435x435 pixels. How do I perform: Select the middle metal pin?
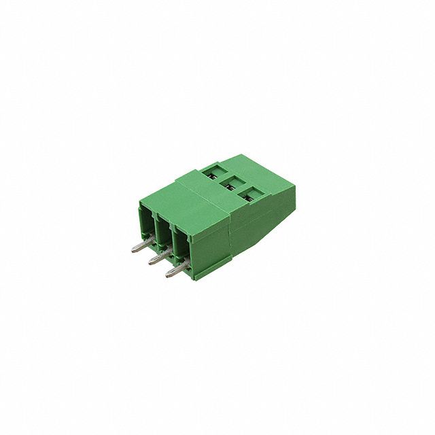pos(156,259)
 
